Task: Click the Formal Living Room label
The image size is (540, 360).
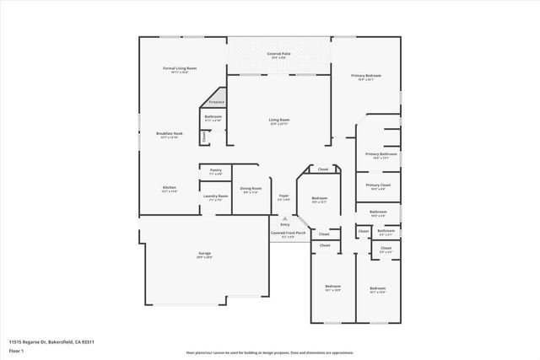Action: coord(180,67)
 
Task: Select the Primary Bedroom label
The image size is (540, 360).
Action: coord(367,76)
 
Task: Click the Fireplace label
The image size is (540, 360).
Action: coord(216,101)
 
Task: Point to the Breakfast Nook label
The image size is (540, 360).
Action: coord(169,133)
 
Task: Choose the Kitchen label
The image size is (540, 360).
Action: coord(169,187)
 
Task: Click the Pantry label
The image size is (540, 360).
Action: coord(215,170)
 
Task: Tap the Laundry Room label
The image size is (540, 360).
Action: coord(215,197)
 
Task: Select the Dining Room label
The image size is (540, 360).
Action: coord(251,189)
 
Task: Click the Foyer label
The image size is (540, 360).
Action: coord(283,196)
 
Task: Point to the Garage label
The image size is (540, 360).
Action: coord(204,254)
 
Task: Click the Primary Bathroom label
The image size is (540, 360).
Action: coord(381,154)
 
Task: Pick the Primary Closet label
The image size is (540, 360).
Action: coord(377,185)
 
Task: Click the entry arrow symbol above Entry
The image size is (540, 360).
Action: coord(284,218)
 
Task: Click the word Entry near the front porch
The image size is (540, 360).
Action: coord(284,224)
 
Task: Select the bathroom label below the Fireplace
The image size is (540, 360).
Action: coord(213,116)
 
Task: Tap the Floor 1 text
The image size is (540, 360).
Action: coord(16,350)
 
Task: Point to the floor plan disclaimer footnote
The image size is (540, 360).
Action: coord(270,353)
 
